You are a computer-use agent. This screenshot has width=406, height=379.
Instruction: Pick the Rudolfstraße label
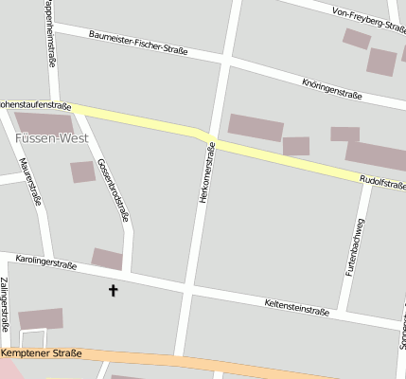coord(381,180)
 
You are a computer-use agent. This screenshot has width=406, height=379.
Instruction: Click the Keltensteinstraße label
coord(295,305)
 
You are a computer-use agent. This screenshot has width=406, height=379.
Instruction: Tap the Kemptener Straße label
coord(43,353)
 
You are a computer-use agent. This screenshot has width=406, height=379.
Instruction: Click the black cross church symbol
coord(115,290)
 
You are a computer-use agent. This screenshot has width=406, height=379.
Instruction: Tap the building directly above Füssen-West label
coord(44,123)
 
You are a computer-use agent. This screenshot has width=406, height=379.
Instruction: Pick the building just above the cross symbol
coord(107,259)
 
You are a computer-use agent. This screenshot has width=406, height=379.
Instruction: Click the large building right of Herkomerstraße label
coord(256,128)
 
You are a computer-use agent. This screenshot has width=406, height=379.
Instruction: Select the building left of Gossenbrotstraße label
coord(83,171)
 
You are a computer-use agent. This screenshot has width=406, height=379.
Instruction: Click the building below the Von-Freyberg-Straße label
coord(357,39)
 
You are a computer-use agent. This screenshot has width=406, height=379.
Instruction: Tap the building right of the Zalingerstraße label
coord(41,319)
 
